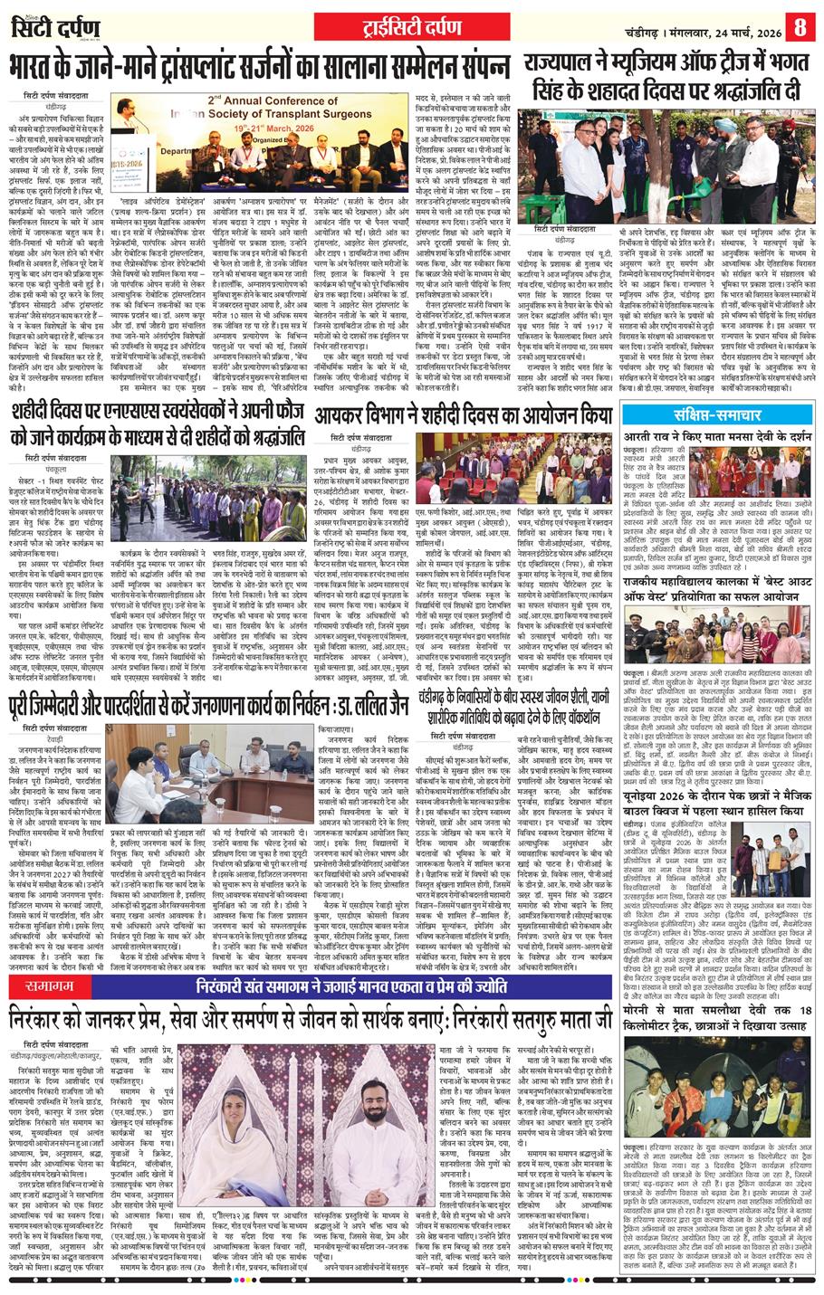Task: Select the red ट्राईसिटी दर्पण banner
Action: click(411, 24)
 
